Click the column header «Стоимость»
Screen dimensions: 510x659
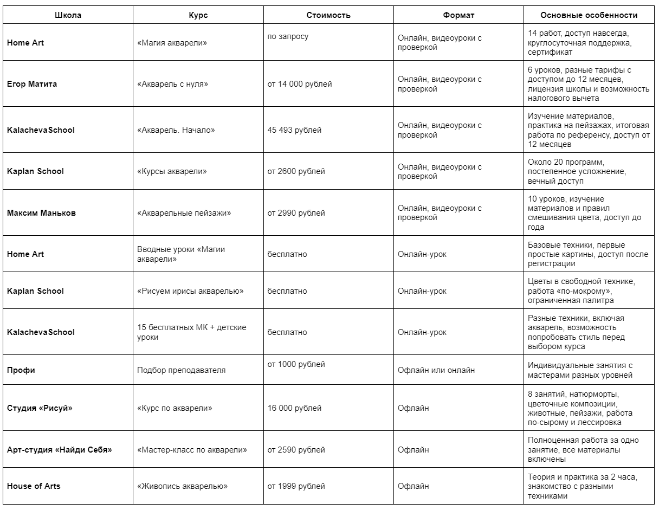coord(328,15)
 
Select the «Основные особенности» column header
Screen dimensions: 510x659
coord(589,15)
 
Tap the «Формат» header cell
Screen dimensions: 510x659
coord(458,15)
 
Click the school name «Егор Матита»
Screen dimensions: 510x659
coord(32,84)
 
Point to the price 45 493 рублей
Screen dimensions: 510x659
coord(294,130)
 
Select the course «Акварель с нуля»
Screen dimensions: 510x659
coord(173,84)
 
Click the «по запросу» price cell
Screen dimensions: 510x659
coord(288,37)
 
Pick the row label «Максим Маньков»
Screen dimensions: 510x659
coord(42,213)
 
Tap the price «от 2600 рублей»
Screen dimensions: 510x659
coord(296,171)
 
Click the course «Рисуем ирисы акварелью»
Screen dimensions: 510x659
coord(190,291)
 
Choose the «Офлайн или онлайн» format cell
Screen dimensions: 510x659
coord(436,370)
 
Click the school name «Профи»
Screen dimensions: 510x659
coord(21,370)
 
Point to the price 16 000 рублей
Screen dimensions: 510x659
coord(294,408)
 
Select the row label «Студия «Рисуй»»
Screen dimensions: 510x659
coord(40,408)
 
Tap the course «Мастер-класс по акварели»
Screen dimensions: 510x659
coord(192,450)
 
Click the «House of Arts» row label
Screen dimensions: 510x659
coord(34,486)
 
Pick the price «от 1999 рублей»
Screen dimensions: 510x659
coord(296,486)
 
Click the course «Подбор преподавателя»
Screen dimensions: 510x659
coord(182,370)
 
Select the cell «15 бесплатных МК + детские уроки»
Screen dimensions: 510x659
coord(192,332)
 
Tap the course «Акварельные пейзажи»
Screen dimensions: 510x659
coord(184,213)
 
